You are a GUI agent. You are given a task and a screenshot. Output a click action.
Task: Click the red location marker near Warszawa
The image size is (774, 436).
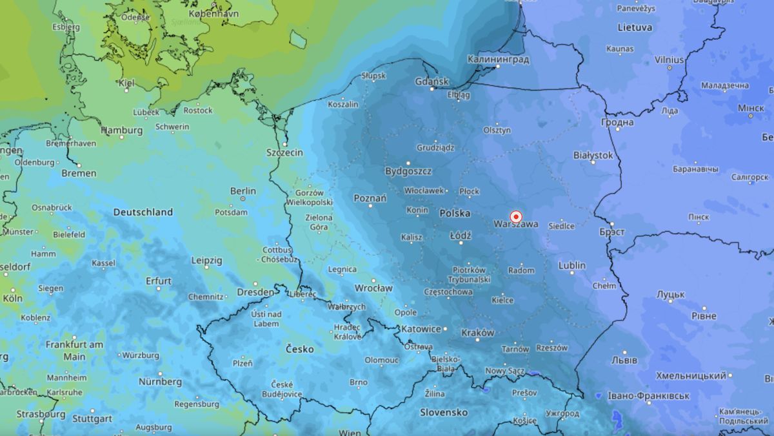(515, 217)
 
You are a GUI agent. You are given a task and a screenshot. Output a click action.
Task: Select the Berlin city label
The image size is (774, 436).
(243, 191)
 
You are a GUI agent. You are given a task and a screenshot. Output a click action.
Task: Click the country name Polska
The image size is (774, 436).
(455, 213)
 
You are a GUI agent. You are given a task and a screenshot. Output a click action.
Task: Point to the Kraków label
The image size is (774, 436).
(478, 333)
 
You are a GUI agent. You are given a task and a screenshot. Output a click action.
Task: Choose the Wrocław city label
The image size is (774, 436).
(373, 288)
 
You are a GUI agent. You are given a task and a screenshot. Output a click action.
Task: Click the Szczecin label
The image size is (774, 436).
(284, 152)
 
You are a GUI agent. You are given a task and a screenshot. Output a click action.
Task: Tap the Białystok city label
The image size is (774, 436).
(593, 156)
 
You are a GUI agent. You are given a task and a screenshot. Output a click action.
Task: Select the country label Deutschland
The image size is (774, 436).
(143, 212)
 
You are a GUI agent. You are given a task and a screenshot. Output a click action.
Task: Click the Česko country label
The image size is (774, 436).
(299, 349)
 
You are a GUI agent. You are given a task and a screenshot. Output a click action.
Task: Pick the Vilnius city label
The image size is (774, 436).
(669, 59)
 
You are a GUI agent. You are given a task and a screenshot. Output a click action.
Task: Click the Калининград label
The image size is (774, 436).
(497, 59)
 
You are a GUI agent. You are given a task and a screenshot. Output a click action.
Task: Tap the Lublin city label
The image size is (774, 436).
(572, 265)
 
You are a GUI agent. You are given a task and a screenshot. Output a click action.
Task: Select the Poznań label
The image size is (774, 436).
(370, 198)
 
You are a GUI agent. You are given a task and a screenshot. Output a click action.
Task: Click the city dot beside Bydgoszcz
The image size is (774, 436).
(408, 163)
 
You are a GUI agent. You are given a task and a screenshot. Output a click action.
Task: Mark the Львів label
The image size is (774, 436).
(624, 360)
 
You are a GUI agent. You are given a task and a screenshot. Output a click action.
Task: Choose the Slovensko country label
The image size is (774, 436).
(444, 411)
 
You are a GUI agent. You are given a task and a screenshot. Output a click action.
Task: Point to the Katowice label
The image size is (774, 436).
(421, 329)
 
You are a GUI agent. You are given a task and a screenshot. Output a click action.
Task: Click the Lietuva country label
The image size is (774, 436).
(635, 28)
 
